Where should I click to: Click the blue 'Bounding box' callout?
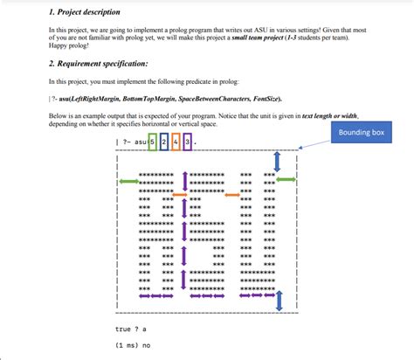(x=361, y=134)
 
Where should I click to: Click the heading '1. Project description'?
(x=85, y=12)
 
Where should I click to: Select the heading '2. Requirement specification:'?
(x=98, y=65)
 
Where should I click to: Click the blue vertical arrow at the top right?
(x=277, y=162)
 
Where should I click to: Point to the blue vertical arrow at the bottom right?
(x=279, y=301)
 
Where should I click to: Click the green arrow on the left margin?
(x=128, y=181)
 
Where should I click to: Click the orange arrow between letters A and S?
(x=180, y=194)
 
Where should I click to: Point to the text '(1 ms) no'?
(x=133, y=345)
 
